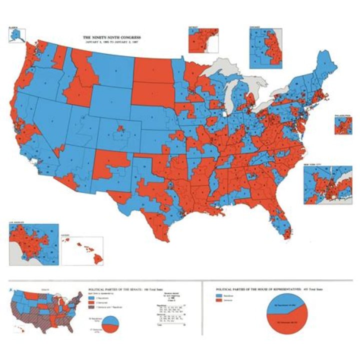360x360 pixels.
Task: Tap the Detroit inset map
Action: point(202,39)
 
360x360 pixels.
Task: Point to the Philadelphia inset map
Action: point(342,125)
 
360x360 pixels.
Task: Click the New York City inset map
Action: point(327,184)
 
